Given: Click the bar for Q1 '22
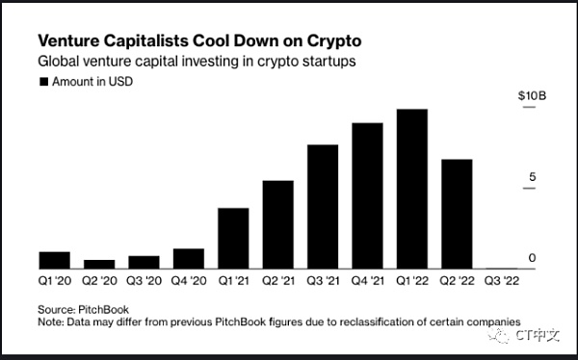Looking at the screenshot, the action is coord(412,189).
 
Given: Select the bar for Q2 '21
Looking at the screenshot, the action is coord(278,224).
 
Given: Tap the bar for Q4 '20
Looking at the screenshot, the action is coord(189,259).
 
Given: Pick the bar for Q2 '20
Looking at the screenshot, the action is coord(99,264).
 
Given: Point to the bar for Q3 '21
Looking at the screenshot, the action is coord(323,207).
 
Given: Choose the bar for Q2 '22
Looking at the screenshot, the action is coord(457,214).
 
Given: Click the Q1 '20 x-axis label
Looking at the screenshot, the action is coord(55,281).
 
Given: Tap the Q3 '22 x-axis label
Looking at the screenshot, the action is coord(502,281).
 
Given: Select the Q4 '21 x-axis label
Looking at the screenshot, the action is coord(368,281).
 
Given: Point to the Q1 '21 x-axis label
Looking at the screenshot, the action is coord(233,281).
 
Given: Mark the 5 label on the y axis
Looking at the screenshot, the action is coord(532,177).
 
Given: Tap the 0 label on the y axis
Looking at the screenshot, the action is coord(532,258).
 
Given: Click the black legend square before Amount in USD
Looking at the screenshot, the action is coord(44,82).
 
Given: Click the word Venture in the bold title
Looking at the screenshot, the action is coord(68,40).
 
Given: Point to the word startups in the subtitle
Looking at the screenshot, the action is coord(328,62).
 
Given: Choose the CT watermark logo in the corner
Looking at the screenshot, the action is coord(523,335).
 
